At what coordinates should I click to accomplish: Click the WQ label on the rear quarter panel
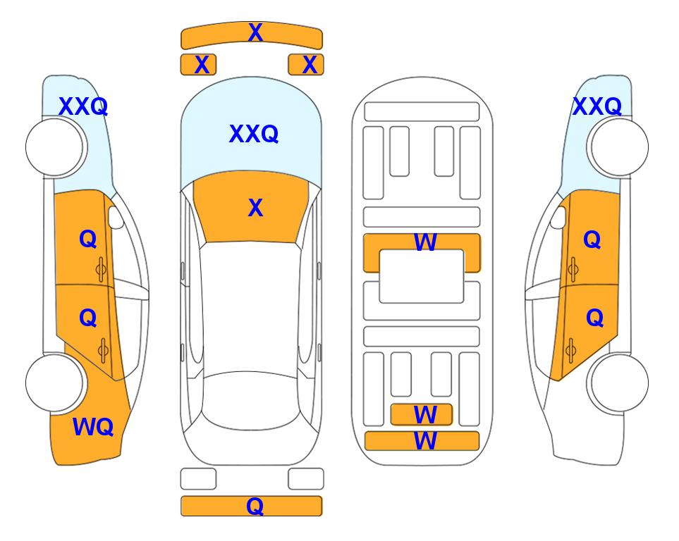[93, 427]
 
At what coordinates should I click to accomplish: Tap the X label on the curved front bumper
[255, 32]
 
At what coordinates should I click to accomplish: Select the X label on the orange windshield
[255, 208]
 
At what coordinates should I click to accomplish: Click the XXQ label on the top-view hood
[254, 134]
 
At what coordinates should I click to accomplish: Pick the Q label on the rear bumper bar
[255, 506]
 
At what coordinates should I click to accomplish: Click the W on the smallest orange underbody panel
[424, 415]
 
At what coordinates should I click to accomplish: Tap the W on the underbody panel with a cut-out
[424, 242]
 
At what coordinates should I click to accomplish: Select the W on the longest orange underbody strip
[424, 441]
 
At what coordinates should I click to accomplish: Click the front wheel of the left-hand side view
[55, 147]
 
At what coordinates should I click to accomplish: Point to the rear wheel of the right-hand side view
[619, 383]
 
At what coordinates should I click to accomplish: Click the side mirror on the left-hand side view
[115, 217]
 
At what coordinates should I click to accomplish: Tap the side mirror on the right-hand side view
[558, 217]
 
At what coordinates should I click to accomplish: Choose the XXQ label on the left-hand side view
[83, 106]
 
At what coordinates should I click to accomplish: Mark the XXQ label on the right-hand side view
[597, 106]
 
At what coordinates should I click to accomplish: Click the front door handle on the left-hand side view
[101, 270]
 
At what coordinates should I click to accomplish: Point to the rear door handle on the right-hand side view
[570, 351]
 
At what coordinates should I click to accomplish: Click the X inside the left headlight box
[202, 65]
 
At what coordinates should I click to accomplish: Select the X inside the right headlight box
[310, 65]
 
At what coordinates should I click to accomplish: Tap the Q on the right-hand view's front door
[592, 240]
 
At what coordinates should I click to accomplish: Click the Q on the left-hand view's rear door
[88, 318]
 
